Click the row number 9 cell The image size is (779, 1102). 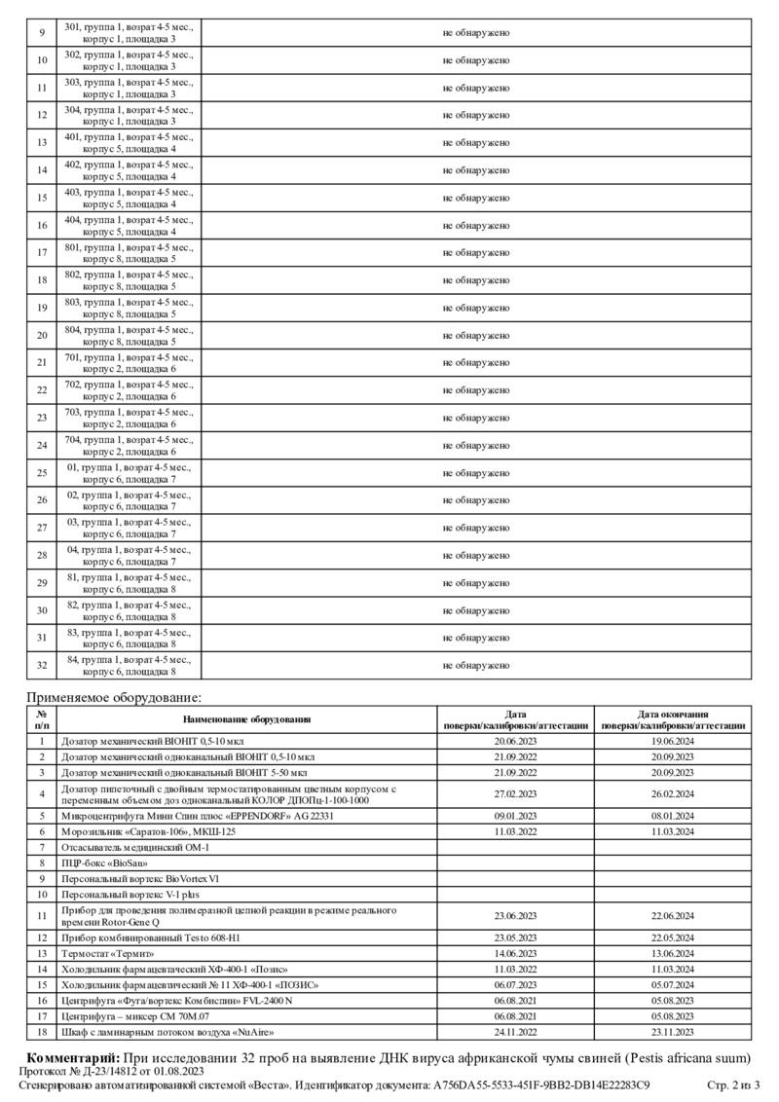tap(42, 33)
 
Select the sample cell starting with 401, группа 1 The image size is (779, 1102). tap(129, 143)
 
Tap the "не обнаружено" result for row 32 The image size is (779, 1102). tap(476, 666)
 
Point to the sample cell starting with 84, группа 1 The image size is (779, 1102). tap(129, 666)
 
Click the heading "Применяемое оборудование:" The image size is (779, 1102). tap(114, 698)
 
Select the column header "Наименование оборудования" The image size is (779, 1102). tap(246, 719)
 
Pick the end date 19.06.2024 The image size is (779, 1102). tap(672, 741)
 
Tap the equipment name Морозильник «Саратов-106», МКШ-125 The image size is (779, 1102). tap(149, 831)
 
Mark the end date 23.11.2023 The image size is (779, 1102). tap(672, 1031)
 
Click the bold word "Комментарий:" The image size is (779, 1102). tap(73, 1057)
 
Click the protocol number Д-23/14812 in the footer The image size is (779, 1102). tap(105, 1071)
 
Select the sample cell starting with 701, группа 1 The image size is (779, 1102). tap(129, 363)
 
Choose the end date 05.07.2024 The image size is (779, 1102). tap(672, 985)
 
